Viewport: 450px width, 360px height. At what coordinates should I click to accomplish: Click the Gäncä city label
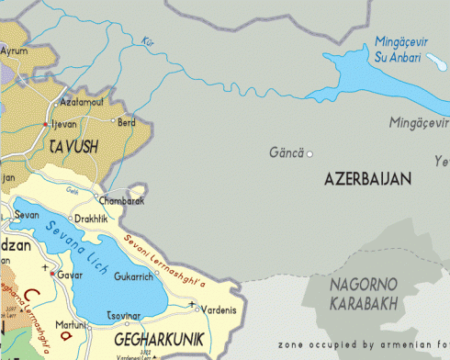click(x=286, y=152)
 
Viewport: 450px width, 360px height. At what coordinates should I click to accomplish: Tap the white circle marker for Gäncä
click(x=309, y=153)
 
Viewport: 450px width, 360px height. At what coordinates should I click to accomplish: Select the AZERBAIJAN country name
click(x=367, y=180)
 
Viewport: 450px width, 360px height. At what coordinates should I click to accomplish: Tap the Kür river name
click(x=148, y=41)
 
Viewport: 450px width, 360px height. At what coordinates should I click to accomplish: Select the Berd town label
click(x=128, y=121)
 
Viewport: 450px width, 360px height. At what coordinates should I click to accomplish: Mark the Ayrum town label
click(x=14, y=51)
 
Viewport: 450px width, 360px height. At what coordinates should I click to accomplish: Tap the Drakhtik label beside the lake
click(x=90, y=219)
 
